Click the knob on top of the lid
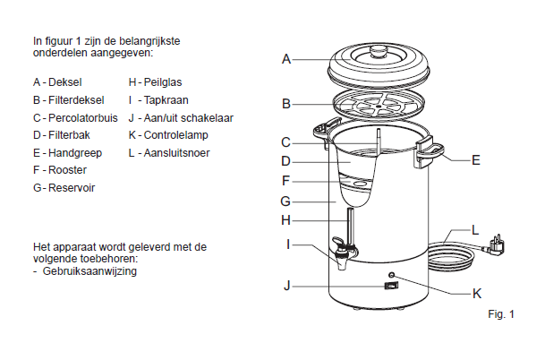coord(379,51)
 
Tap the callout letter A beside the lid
coord(286,59)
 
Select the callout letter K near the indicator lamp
coord(477,294)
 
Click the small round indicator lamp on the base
coord(392,275)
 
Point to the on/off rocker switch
coord(391,286)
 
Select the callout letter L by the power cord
coord(475,230)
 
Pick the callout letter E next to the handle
coord(476,160)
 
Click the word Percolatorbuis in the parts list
coord(83,118)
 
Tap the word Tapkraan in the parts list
coord(166,100)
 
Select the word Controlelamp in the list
coord(176,135)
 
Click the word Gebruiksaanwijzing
coord(89,271)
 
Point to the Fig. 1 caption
coord(501,314)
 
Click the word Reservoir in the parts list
coord(72,188)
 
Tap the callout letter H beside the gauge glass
coord(285,220)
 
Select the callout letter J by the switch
coord(286,286)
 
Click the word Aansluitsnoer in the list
coord(177,153)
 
